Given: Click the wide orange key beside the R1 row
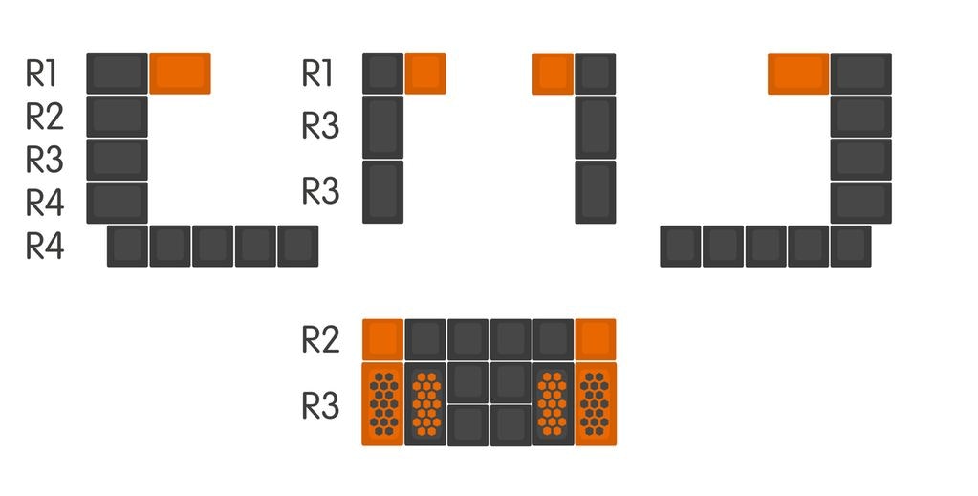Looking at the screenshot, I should (180, 74).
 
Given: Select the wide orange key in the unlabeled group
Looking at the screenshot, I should (797, 74).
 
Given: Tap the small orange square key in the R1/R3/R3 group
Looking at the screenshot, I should (424, 74).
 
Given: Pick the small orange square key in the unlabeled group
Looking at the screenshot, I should (553, 74).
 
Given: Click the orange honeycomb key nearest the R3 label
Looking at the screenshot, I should (382, 403).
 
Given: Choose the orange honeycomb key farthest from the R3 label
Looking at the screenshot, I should (596, 403).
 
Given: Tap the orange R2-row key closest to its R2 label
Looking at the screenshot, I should (382, 339).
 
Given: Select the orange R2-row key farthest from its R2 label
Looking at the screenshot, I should (596, 339).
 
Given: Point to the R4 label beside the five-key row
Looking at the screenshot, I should (45, 247).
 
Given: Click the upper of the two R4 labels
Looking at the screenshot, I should (45, 204).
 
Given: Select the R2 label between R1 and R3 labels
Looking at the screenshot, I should (45, 117).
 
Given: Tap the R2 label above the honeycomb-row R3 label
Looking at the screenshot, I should (321, 339).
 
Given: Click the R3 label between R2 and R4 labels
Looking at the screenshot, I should (45, 160).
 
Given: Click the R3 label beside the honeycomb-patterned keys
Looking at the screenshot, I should (321, 405).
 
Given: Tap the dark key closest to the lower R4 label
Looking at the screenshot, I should (127, 247).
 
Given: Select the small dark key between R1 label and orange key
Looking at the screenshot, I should (382, 74).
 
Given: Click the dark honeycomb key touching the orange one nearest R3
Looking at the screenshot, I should (425, 403).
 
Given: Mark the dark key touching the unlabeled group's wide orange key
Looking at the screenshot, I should (860, 74).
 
